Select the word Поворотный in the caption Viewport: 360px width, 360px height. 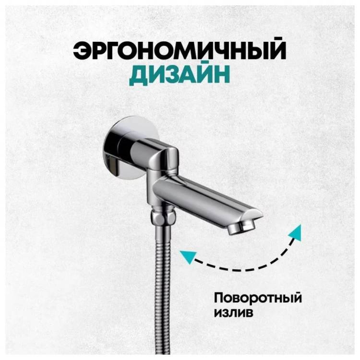pos(258,298)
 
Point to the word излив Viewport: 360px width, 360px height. pos(233,312)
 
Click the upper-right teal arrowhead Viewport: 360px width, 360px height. pos(296,232)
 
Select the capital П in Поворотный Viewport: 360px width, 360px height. pos(219,298)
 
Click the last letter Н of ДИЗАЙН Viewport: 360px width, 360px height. pos(221,75)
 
